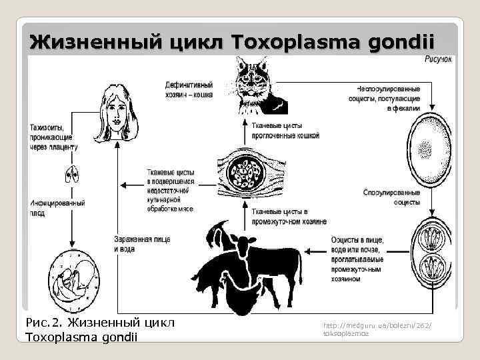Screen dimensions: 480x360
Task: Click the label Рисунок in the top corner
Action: tap(439, 60)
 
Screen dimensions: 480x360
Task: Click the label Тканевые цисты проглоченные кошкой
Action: tap(285, 130)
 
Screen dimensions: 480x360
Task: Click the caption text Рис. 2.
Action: tap(41, 323)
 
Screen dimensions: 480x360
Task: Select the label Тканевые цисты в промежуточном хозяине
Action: tap(288, 216)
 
